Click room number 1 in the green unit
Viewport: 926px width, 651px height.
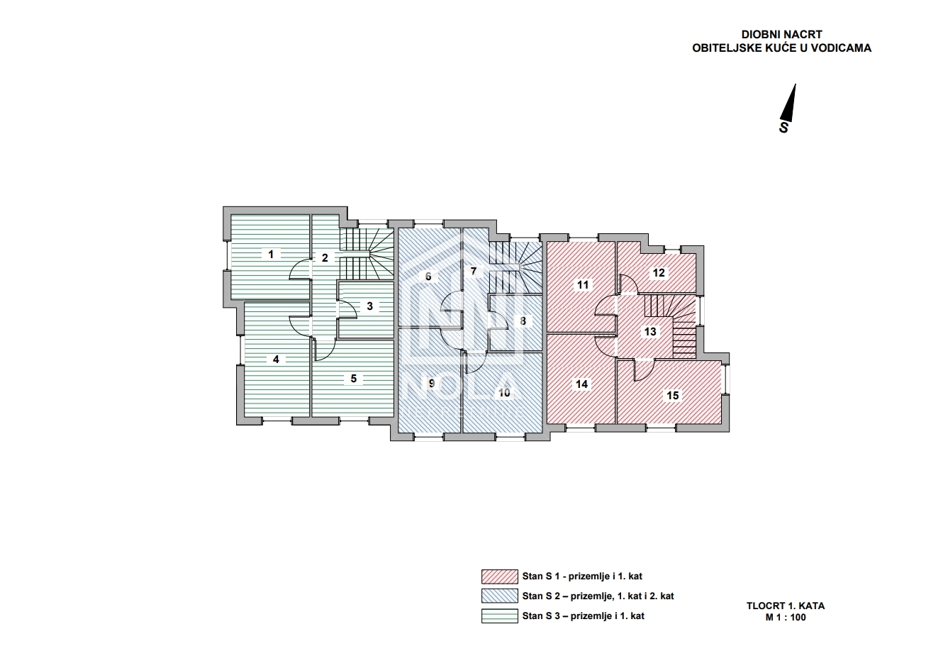271,254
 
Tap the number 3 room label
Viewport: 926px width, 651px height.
369,306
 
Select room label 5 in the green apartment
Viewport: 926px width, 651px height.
353,379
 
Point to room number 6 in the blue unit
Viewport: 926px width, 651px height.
428,277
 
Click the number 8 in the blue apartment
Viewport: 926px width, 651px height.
523,321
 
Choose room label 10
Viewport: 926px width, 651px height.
504,393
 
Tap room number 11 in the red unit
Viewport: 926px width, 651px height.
583,285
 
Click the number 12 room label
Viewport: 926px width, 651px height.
659,273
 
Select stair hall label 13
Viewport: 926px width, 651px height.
650,331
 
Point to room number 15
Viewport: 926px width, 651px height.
673,396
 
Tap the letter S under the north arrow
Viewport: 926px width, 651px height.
783,128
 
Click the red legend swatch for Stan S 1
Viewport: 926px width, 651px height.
499,577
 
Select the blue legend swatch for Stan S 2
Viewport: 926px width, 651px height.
499,596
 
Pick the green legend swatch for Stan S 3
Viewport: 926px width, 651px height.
499,616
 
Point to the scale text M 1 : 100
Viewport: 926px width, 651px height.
786,618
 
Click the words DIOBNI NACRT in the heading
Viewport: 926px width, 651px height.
782,34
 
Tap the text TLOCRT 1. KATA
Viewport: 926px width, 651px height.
786,606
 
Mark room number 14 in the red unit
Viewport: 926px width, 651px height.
581,384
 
